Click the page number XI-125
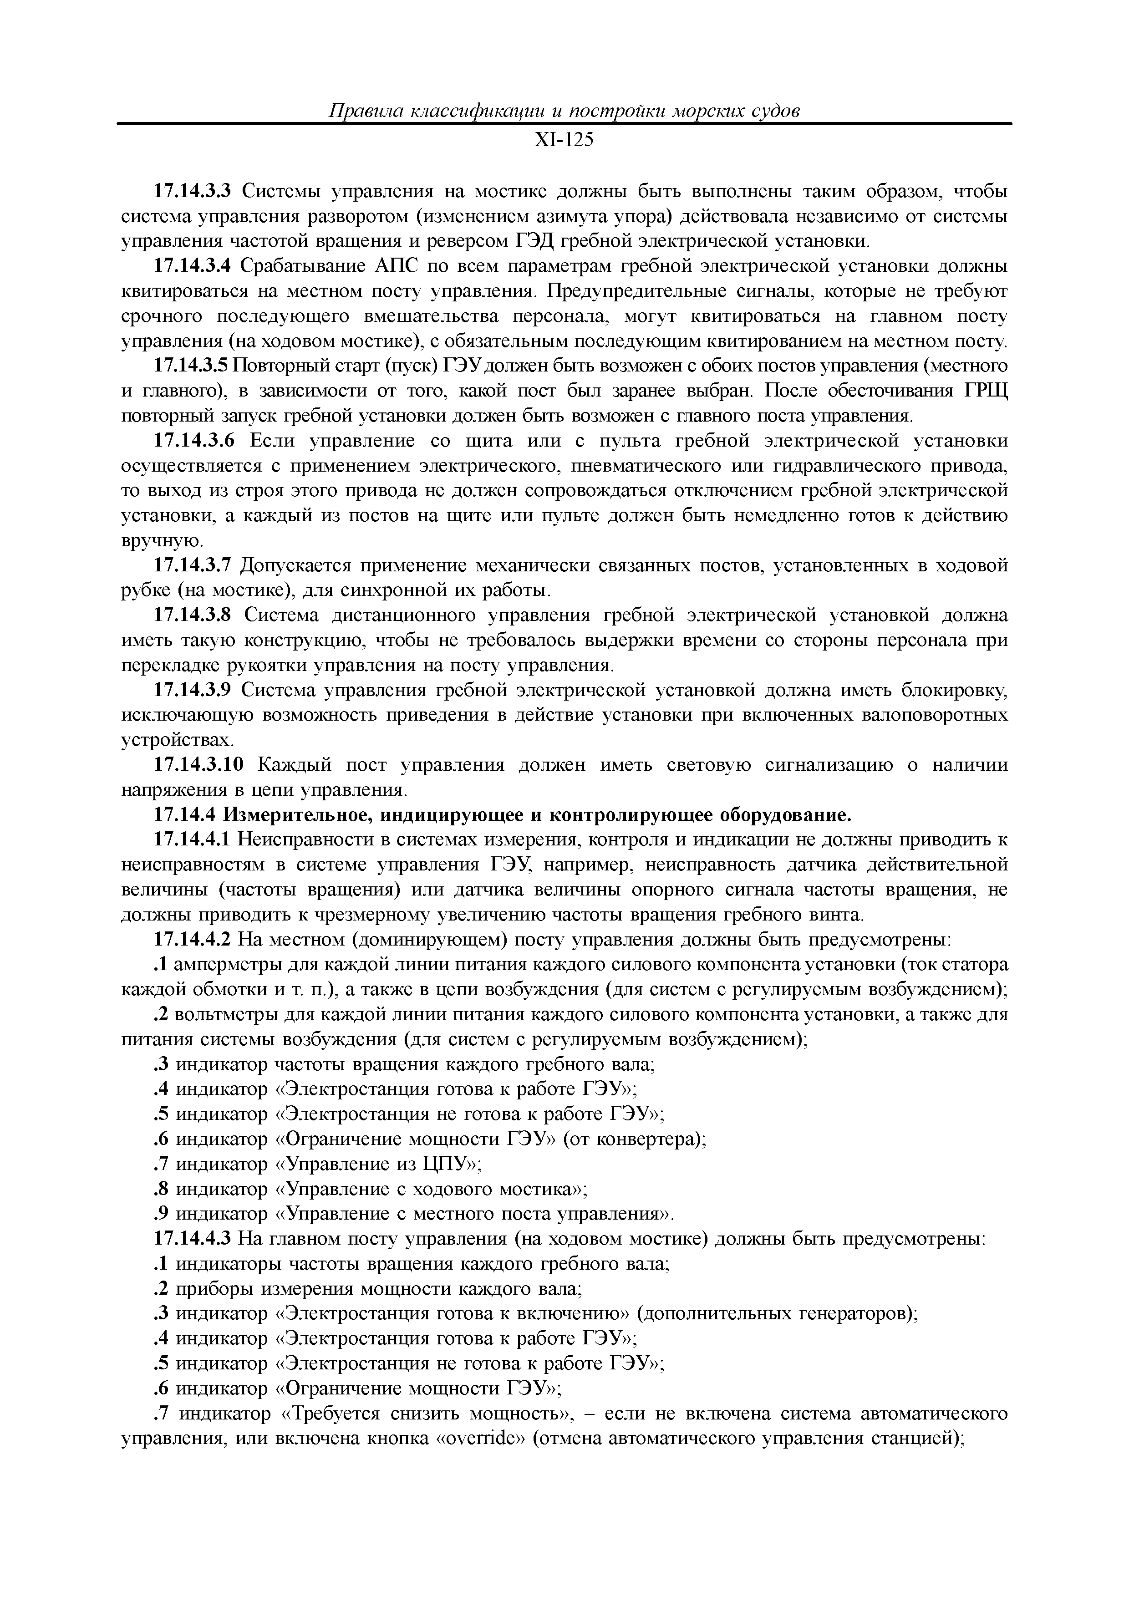click(564, 141)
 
